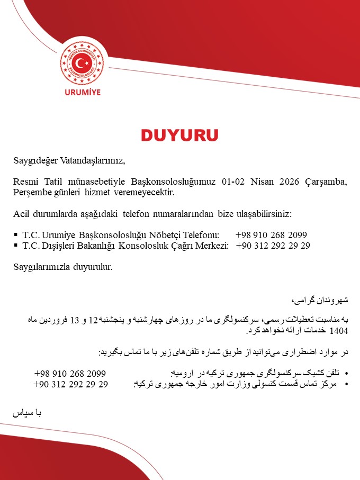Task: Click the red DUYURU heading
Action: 179,134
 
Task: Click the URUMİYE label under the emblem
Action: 82,92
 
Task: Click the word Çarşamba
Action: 326,182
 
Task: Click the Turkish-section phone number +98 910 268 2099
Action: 272,234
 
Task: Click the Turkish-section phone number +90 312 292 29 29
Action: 273,246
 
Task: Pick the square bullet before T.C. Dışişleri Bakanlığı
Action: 16,246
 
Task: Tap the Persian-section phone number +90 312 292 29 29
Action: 70,385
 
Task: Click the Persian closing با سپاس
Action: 28,413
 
